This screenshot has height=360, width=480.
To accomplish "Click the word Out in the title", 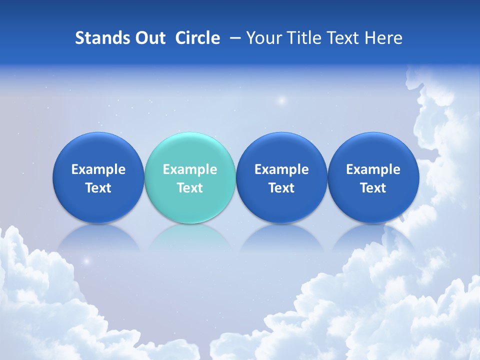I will point(149,38).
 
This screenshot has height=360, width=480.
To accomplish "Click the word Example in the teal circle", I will point(190,169).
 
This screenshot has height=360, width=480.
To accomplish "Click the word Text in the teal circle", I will point(190,188).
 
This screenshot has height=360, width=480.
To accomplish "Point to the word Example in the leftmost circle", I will point(98,169).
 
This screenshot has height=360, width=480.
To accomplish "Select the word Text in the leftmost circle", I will point(98,188).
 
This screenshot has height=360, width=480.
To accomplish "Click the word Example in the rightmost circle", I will point(373,169).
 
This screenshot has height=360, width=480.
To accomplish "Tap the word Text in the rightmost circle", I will point(373,188).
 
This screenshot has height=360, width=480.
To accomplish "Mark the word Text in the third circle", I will point(281,188).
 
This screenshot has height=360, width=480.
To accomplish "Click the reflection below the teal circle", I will point(190,237).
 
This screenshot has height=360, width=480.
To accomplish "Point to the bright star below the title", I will point(281,100).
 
